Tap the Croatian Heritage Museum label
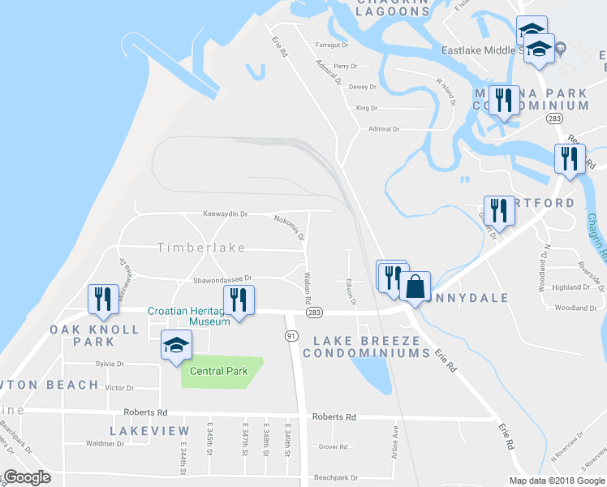(x=188, y=316)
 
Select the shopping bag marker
(x=414, y=288)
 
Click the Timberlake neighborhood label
(x=201, y=247)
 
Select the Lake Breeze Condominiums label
(x=366, y=347)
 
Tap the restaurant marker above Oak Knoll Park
(x=101, y=299)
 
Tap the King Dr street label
(x=367, y=108)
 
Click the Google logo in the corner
(x=27, y=477)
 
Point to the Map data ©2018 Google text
(x=556, y=481)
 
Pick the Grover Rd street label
(x=333, y=446)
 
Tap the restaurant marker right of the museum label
(x=239, y=299)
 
